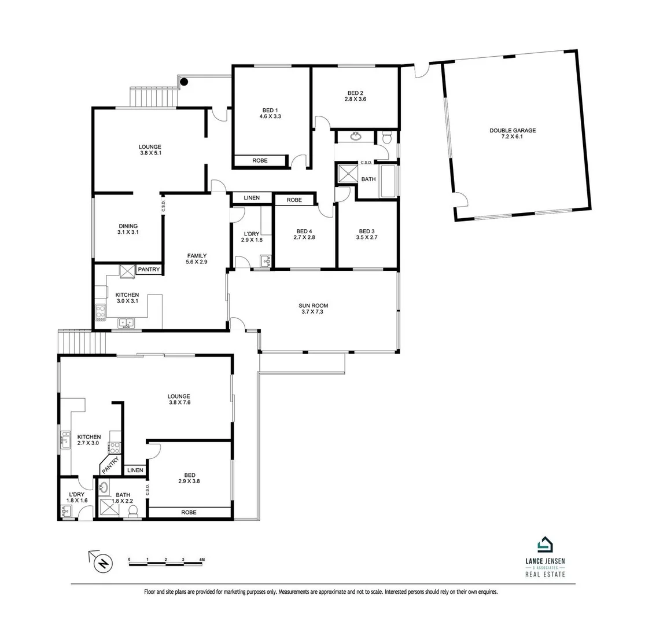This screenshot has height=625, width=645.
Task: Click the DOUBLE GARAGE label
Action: coord(513,131)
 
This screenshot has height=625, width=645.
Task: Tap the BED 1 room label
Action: coord(270,110)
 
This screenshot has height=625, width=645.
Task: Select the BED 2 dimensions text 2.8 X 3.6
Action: coord(355,100)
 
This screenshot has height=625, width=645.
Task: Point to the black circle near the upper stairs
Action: coord(184,82)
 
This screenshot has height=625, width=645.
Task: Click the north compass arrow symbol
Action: coord(102,561)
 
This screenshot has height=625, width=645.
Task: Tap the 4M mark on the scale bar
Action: coord(201,560)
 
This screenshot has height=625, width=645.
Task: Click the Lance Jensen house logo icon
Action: coord(545,545)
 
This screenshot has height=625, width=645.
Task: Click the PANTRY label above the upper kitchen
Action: coord(148,270)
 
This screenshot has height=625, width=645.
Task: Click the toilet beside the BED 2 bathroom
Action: coord(386,138)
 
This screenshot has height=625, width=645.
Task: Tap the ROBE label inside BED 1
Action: coord(260,160)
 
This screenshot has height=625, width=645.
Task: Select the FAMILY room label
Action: coord(197,256)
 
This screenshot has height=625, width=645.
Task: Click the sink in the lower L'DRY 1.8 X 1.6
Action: coord(66,511)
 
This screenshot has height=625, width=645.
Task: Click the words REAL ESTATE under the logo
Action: coord(544,575)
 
